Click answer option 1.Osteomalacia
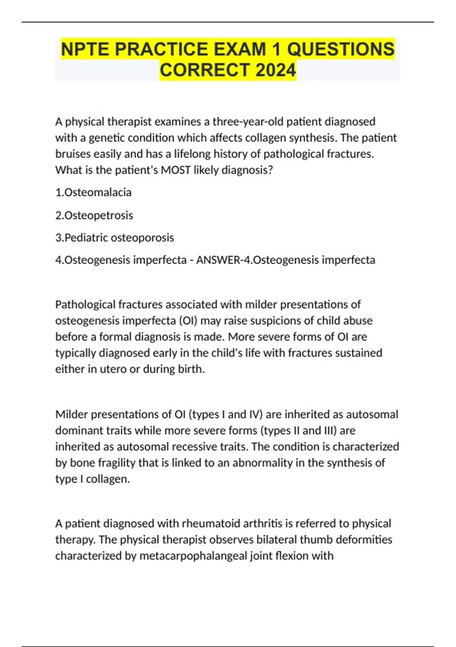[x=93, y=193]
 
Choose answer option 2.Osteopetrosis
[x=94, y=215]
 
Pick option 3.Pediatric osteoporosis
[x=114, y=237]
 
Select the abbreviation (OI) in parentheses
[x=188, y=321]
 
